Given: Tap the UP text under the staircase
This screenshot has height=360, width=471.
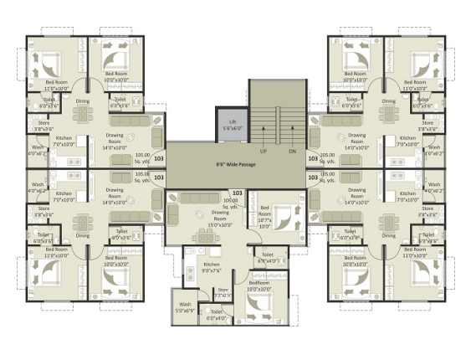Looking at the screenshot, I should coord(263,152).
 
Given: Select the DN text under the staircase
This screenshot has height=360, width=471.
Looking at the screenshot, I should coord(292,152).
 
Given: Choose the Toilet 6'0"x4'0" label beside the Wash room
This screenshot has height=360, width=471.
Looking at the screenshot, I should coord(216,316).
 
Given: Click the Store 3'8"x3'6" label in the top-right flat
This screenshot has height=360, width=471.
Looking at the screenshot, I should coord(429,127).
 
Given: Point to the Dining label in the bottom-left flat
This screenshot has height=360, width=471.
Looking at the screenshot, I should coord(82,235).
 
